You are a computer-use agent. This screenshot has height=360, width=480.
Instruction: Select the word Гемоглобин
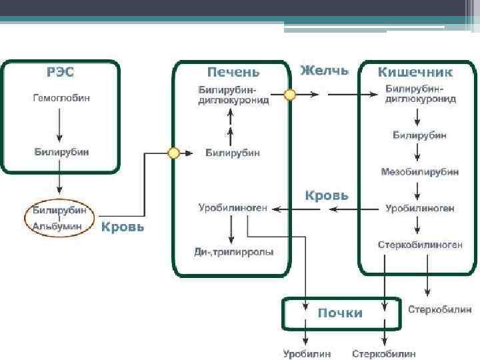pyautogui.click(x=61, y=98)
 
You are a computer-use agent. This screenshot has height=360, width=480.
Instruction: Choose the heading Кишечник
pyautogui.click(x=415, y=72)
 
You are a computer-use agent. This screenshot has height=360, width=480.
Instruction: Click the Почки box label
pyautogui.click(x=339, y=313)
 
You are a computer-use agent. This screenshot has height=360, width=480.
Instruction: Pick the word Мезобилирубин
pyautogui.click(x=420, y=171)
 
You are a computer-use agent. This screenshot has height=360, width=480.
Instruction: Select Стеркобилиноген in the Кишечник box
pyautogui.click(x=420, y=245)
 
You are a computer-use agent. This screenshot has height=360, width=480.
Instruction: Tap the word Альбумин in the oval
pyautogui.click(x=58, y=227)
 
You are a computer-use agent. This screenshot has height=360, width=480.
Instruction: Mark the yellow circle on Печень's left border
pyautogui.click(x=174, y=153)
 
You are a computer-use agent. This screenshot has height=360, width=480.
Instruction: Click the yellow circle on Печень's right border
pyautogui.click(x=290, y=95)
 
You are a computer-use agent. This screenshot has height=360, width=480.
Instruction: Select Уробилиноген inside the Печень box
pyautogui.click(x=233, y=208)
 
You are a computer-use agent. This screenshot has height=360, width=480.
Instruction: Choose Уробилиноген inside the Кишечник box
pyautogui.click(x=420, y=209)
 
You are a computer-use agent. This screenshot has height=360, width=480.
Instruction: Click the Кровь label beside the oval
pyautogui.click(x=122, y=227)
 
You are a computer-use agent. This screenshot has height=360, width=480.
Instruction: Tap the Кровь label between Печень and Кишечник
pyautogui.click(x=326, y=195)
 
